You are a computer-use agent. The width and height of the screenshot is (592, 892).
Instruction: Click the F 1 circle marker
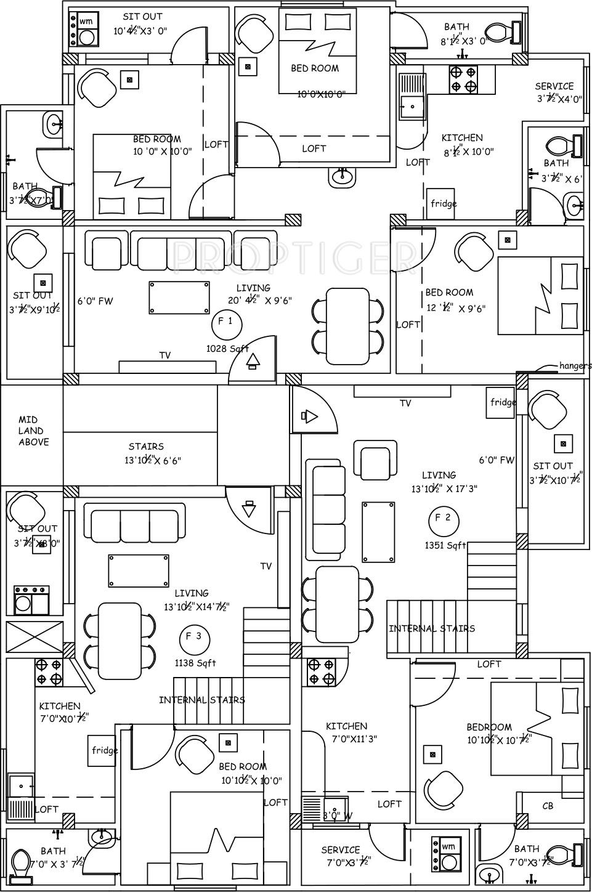[x=226, y=324]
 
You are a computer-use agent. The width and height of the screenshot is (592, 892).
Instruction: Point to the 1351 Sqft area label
[x=445, y=545]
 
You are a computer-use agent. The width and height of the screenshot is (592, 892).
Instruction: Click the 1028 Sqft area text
[x=227, y=348]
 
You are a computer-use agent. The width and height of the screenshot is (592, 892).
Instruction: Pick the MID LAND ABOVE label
[x=33, y=431]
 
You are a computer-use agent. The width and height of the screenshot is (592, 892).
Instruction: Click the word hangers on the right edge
[x=575, y=365]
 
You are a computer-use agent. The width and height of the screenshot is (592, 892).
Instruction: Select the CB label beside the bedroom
[x=548, y=805]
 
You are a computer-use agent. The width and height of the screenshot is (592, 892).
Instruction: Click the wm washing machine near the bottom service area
[x=448, y=854]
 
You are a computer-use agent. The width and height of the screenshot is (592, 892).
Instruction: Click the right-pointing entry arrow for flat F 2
[x=310, y=417]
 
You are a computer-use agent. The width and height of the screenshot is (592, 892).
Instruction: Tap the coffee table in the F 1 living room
[x=178, y=298]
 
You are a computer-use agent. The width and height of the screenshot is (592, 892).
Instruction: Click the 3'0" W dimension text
[x=338, y=816]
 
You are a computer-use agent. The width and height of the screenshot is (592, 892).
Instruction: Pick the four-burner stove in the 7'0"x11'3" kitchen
[x=321, y=671]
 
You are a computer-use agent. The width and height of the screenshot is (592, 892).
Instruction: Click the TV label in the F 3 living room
[x=266, y=566]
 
